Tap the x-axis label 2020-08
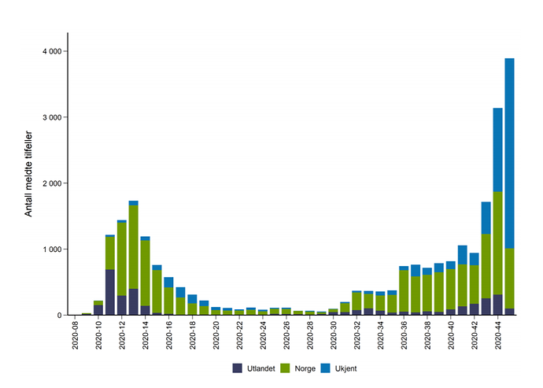(76, 335)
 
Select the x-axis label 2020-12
(122, 335)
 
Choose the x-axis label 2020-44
(498, 335)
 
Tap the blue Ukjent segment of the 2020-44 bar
(497, 150)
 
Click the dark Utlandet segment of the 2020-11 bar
(110, 292)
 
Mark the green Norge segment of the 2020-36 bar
(404, 291)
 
